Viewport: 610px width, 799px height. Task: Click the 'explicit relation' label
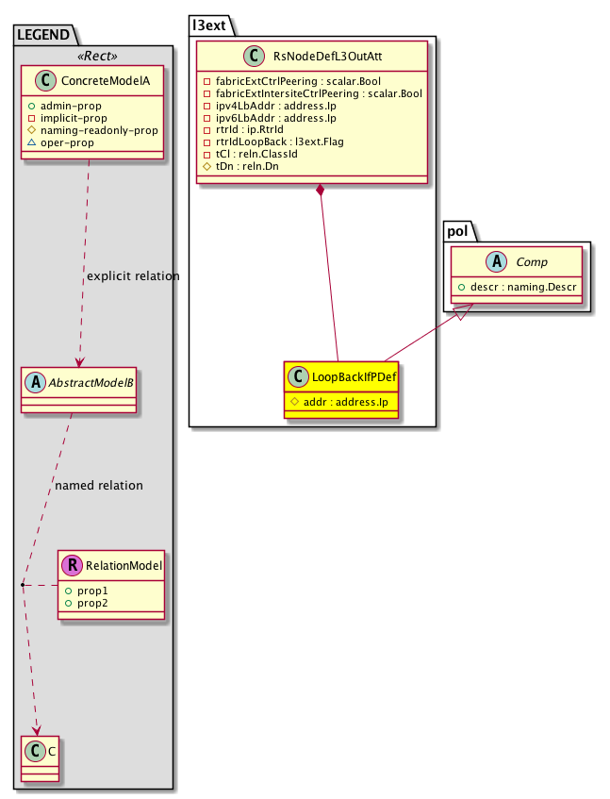click(x=133, y=276)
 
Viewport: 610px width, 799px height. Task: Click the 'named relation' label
click(x=99, y=486)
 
